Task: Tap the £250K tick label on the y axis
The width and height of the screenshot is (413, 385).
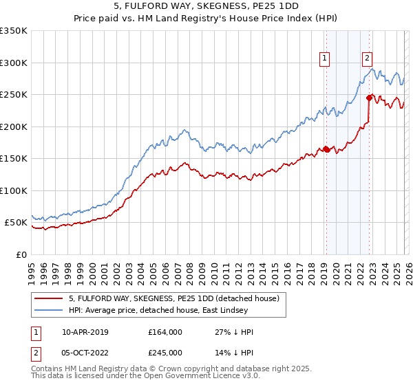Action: point(14,94)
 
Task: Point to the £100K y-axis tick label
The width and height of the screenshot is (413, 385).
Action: point(14,190)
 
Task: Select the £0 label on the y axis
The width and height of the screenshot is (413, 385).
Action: point(21,254)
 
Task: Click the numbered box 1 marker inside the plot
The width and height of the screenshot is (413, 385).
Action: point(324,58)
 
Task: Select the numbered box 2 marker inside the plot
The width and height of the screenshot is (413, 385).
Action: point(368,58)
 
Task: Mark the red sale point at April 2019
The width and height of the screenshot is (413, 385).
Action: point(326,148)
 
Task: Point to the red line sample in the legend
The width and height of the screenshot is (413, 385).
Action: point(50,299)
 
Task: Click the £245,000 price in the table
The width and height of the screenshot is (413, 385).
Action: point(165,353)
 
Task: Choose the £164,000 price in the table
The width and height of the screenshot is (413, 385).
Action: point(165,332)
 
